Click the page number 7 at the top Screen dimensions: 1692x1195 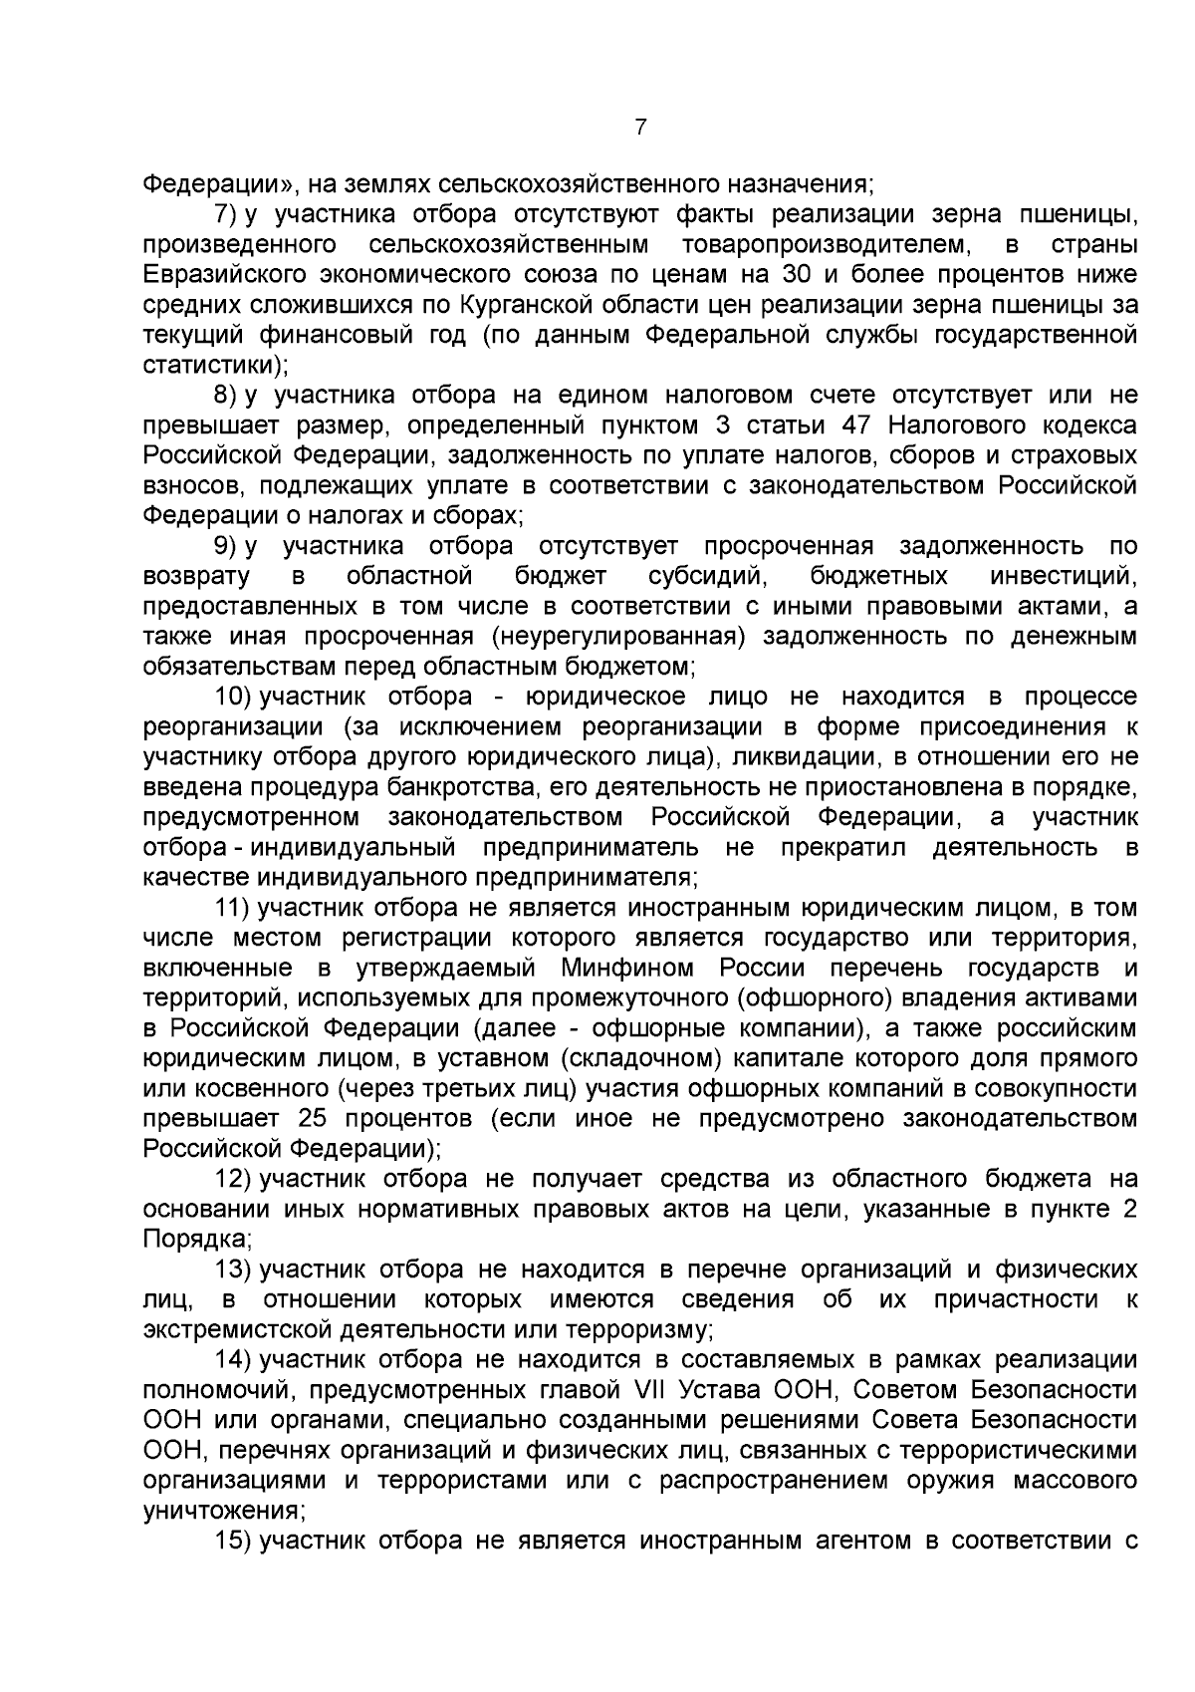(x=640, y=127)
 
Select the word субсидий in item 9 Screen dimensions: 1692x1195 (x=706, y=576)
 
